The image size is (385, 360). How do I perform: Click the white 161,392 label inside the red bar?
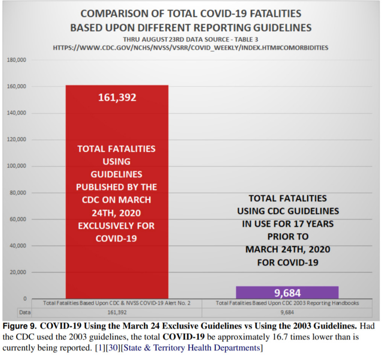pos(117,97)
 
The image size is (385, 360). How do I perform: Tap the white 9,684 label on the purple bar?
pos(287,293)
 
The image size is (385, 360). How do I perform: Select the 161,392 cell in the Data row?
pos(117,312)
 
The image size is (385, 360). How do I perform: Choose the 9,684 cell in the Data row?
pos(287,312)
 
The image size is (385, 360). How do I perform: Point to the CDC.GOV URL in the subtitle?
pos(191,48)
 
